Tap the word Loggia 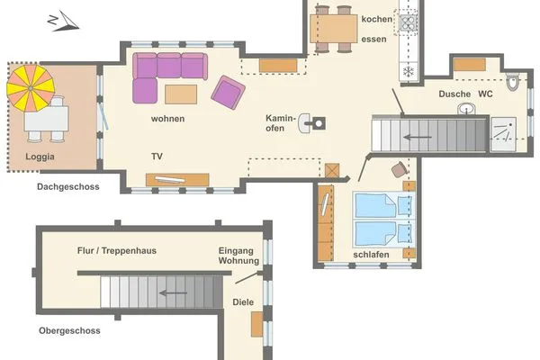tap(40, 157)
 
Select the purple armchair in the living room tap(227, 92)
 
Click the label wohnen tap(168, 118)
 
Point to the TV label tap(157, 157)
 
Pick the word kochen tap(376, 19)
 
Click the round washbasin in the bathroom tap(467, 110)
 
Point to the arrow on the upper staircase tap(416, 138)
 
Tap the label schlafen tap(372, 255)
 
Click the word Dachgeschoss tap(67, 187)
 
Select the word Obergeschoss tap(69, 330)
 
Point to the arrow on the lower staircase tap(174, 292)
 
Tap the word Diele tap(243, 302)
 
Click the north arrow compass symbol tap(63, 20)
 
